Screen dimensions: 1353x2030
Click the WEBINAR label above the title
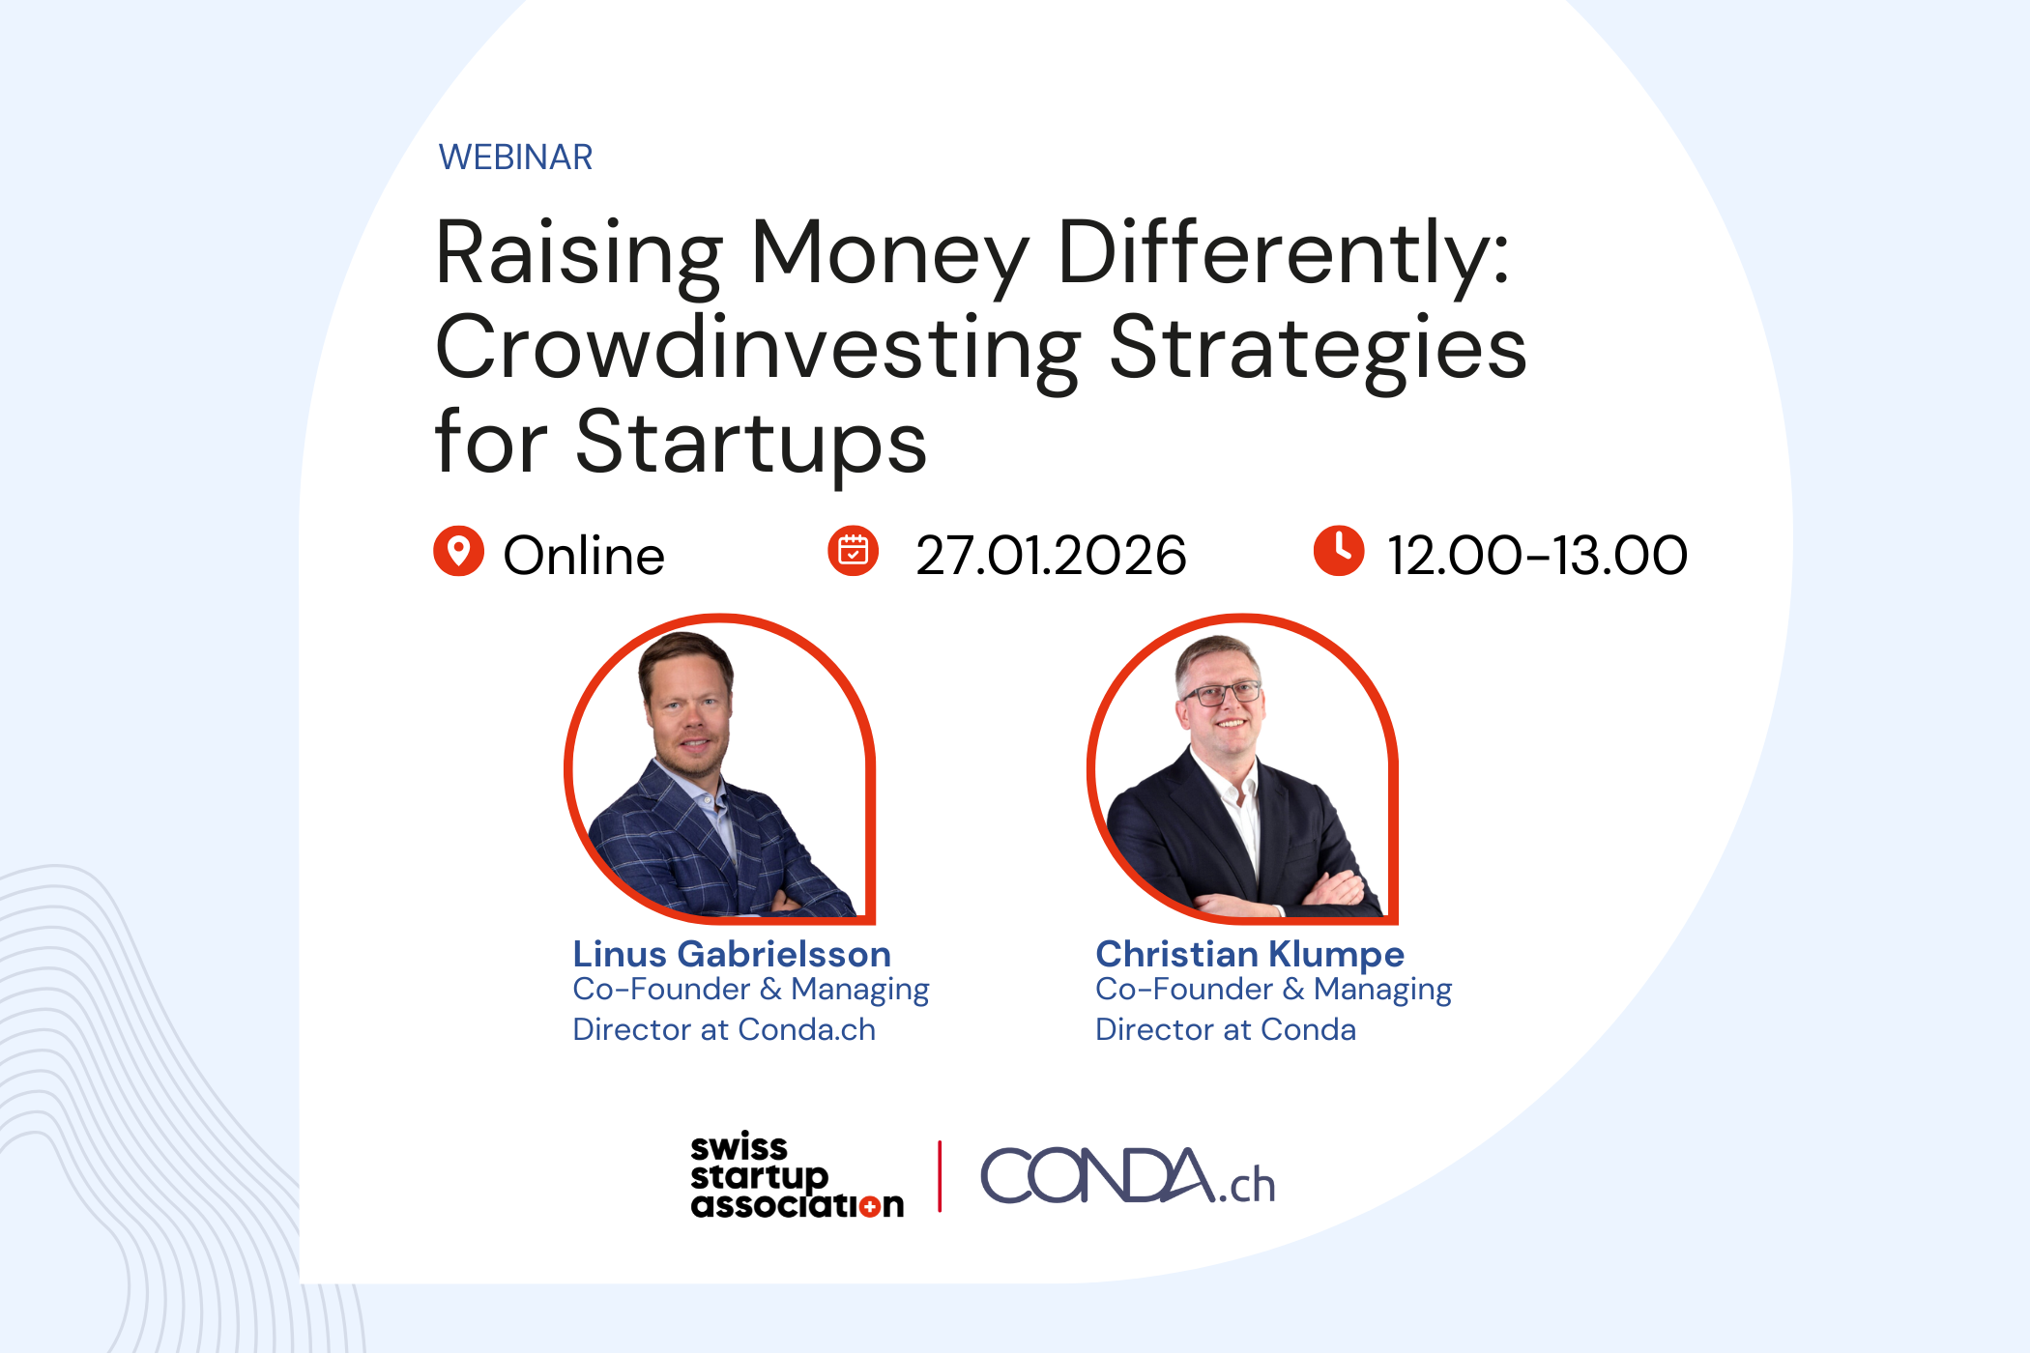515,157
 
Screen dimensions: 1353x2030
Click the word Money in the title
889,253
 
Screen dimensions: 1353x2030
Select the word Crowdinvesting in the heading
757,350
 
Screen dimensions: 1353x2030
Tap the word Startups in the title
751,444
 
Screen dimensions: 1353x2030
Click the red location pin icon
458,552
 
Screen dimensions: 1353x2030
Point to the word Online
584,556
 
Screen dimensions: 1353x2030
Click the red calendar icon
853,552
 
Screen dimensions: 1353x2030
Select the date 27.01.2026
1051,556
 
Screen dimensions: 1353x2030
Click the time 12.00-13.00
1537,556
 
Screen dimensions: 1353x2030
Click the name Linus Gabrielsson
731,954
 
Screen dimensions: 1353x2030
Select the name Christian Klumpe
1249,954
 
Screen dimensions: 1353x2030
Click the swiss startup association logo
796,1176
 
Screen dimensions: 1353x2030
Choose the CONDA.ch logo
1127,1177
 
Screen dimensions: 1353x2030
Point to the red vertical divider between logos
940,1176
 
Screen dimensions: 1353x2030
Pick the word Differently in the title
1283,253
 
